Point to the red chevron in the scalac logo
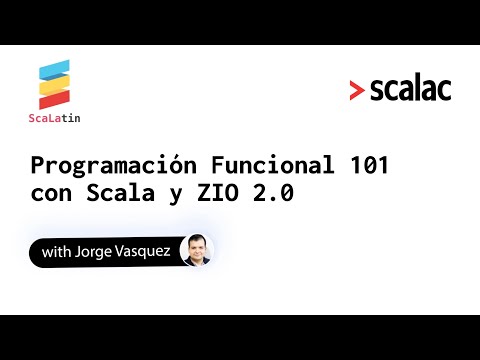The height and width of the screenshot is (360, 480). [x=357, y=91]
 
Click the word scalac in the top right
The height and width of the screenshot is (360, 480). [x=410, y=89]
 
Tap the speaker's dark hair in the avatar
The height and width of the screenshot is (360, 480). [x=196, y=240]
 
